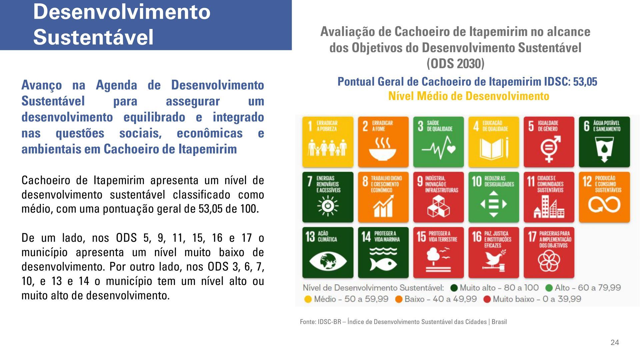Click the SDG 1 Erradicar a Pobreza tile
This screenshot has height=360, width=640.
click(x=328, y=142)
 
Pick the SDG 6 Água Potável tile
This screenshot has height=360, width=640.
click(x=604, y=142)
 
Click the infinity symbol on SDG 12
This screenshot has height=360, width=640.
click(x=604, y=204)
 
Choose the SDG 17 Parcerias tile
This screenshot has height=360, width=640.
click(x=549, y=252)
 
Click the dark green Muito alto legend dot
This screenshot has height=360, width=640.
click(x=454, y=288)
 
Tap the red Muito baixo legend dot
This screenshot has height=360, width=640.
click(x=487, y=299)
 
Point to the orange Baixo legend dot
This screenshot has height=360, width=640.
click(x=399, y=299)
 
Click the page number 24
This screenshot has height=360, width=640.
click(x=615, y=342)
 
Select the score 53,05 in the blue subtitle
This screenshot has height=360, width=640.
click(x=585, y=82)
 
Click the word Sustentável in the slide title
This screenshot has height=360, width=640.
click(x=93, y=37)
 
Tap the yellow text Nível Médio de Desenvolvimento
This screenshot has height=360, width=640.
click(x=469, y=96)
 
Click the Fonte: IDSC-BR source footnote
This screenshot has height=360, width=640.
click(x=403, y=322)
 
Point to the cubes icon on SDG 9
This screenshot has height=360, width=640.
click(x=438, y=206)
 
